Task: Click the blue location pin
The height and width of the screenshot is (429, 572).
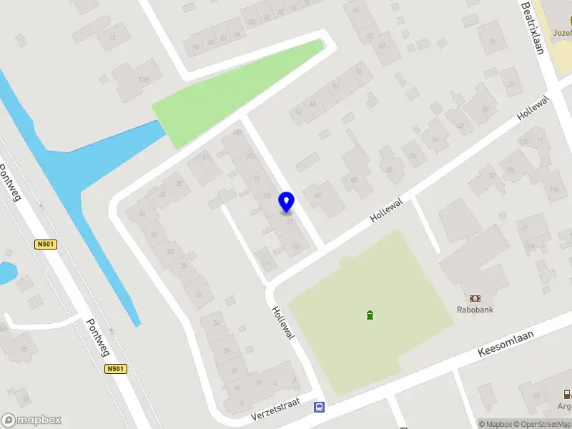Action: (x=287, y=202)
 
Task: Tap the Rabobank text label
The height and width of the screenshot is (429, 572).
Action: (x=475, y=310)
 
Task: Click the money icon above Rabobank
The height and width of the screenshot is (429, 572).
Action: (x=475, y=297)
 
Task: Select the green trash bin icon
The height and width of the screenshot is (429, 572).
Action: (x=370, y=315)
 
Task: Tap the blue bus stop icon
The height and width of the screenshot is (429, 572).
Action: (x=319, y=408)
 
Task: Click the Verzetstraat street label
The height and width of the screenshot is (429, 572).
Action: (x=273, y=411)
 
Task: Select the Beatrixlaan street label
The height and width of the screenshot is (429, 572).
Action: (x=533, y=28)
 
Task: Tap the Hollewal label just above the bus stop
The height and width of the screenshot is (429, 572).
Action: (x=283, y=322)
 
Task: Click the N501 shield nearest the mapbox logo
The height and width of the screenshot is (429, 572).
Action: (x=115, y=369)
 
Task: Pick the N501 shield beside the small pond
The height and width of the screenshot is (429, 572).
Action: (x=45, y=245)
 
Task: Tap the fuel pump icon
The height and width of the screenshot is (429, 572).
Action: (x=566, y=393)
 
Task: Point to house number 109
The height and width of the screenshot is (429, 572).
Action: (x=238, y=133)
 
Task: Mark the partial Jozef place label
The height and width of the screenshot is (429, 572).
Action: (x=562, y=32)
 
